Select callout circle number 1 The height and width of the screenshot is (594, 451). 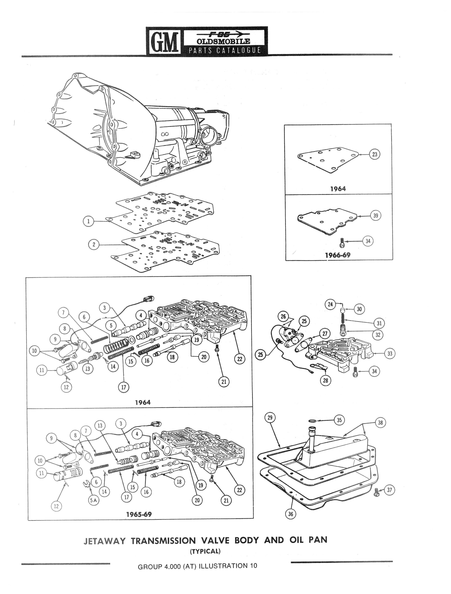pyautogui.click(x=89, y=221)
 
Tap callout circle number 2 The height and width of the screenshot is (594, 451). pyautogui.click(x=94, y=244)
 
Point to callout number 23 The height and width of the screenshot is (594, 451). pyautogui.click(x=375, y=154)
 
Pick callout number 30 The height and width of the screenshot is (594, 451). pyautogui.click(x=359, y=309)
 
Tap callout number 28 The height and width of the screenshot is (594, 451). pyautogui.click(x=325, y=380)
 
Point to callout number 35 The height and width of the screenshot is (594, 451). pyautogui.click(x=339, y=420)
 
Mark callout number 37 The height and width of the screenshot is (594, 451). pyautogui.click(x=389, y=490)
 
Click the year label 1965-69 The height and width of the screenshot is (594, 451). pyautogui.click(x=139, y=514)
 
